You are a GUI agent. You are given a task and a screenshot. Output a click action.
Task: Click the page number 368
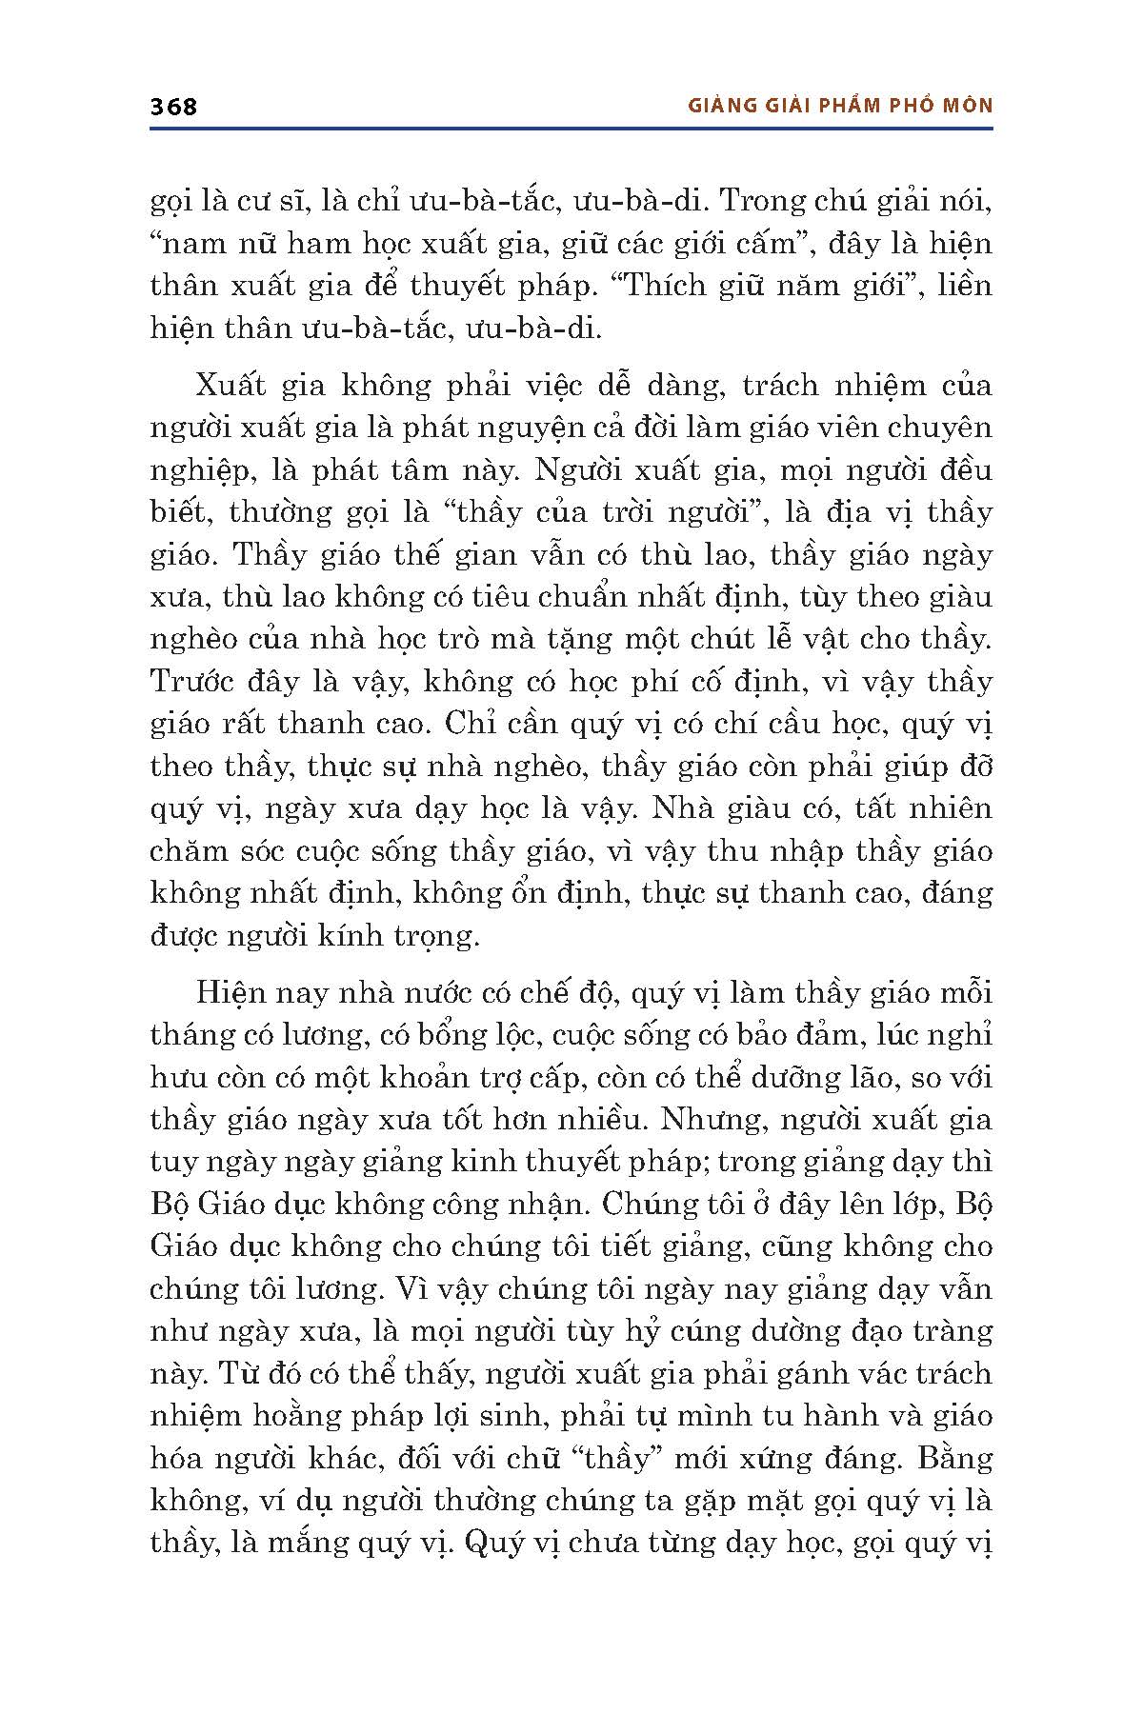(x=173, y=106)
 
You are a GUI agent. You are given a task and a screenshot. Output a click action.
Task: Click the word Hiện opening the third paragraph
(x=230, y=992)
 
